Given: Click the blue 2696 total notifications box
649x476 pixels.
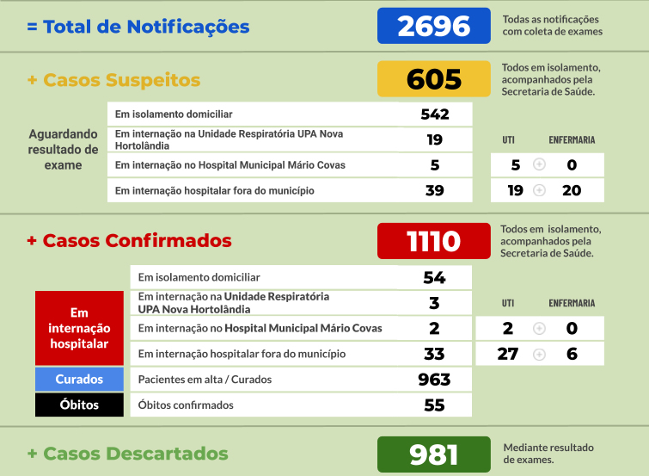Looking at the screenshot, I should point(433,26).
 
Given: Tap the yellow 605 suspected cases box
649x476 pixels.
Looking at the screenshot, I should point(433,79).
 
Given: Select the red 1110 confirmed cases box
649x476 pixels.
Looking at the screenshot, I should point(433,241).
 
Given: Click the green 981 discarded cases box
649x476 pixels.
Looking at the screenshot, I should point(433,454).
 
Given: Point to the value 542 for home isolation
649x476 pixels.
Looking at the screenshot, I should point(435,114).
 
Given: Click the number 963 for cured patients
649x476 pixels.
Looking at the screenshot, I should point(435,380).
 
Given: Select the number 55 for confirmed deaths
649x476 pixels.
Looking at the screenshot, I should point(435,405).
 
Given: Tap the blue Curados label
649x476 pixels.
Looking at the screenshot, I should point(79,380).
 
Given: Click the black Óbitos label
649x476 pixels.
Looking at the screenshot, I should point(79,405).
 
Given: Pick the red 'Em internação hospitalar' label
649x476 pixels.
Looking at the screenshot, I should point(79,328).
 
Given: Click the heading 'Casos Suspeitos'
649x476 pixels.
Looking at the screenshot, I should point(121,80).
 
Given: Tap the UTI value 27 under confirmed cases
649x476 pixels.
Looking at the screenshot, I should point(507,354).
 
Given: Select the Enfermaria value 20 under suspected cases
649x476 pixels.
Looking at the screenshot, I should point(572,190).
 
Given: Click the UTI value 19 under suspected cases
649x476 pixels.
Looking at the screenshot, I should point(515,190).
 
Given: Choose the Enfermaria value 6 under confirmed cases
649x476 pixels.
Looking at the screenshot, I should point(572,354).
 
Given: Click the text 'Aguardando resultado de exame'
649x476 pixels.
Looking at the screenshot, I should point(63,150).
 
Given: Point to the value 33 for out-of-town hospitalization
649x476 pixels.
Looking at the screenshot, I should point(435,354).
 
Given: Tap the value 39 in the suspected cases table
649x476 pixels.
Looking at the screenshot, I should point(435,190).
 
